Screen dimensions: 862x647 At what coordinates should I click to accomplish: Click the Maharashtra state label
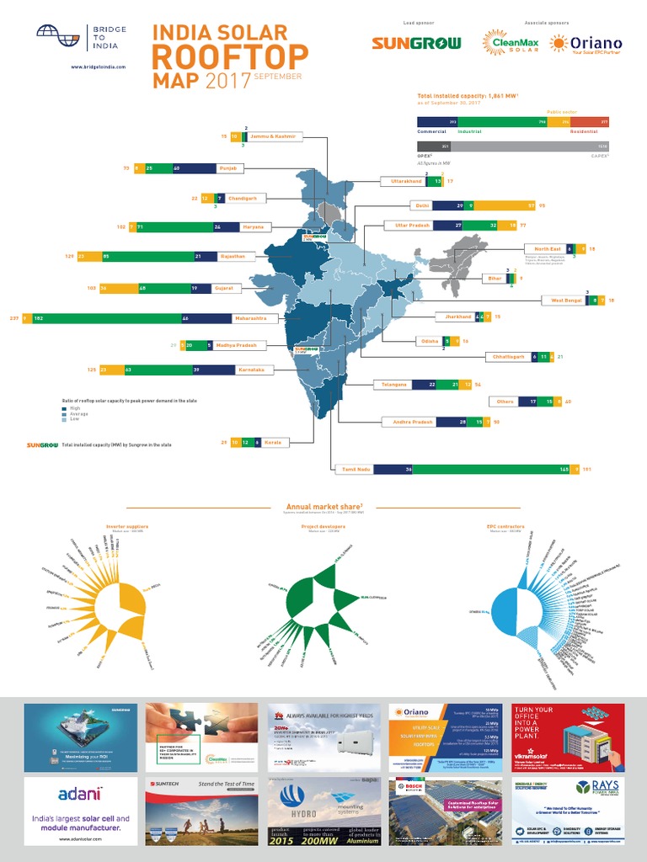251,318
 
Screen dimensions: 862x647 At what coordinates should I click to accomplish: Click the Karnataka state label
251,370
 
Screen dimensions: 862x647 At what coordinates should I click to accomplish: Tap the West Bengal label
566,300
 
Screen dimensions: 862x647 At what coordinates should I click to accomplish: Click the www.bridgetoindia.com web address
98,67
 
